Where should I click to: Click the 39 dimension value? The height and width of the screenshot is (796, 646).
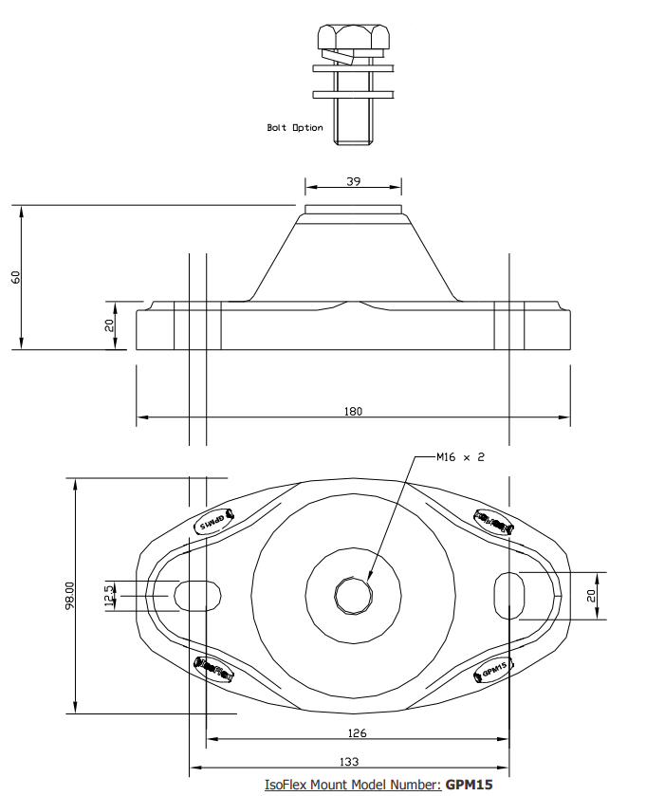point(353,182)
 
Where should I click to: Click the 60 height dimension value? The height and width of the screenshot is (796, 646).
point(15,276)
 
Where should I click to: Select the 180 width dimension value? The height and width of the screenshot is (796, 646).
point(354,411)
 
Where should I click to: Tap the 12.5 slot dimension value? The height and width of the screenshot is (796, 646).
point(109,596)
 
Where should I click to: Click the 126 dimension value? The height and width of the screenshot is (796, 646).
point(358,732)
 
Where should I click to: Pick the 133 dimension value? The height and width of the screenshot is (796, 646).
point(348,763)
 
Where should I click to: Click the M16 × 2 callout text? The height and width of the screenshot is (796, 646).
point(460,457)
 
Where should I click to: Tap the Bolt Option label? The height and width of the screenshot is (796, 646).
point(295,128)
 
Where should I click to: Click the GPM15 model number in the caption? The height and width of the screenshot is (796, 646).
point(470,785)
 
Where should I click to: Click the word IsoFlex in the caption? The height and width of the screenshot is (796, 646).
point(286,785)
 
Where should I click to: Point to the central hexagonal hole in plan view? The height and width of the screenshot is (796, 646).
point(353,595)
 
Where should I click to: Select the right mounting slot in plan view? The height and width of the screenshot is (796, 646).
point(509,595)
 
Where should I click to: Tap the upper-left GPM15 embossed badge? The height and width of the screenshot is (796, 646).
point(212,522)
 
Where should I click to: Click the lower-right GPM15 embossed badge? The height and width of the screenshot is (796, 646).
point(493,668)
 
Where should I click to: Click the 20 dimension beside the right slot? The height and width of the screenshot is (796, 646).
point(592,595)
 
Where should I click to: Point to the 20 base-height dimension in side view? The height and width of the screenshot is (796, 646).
point(109,324)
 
